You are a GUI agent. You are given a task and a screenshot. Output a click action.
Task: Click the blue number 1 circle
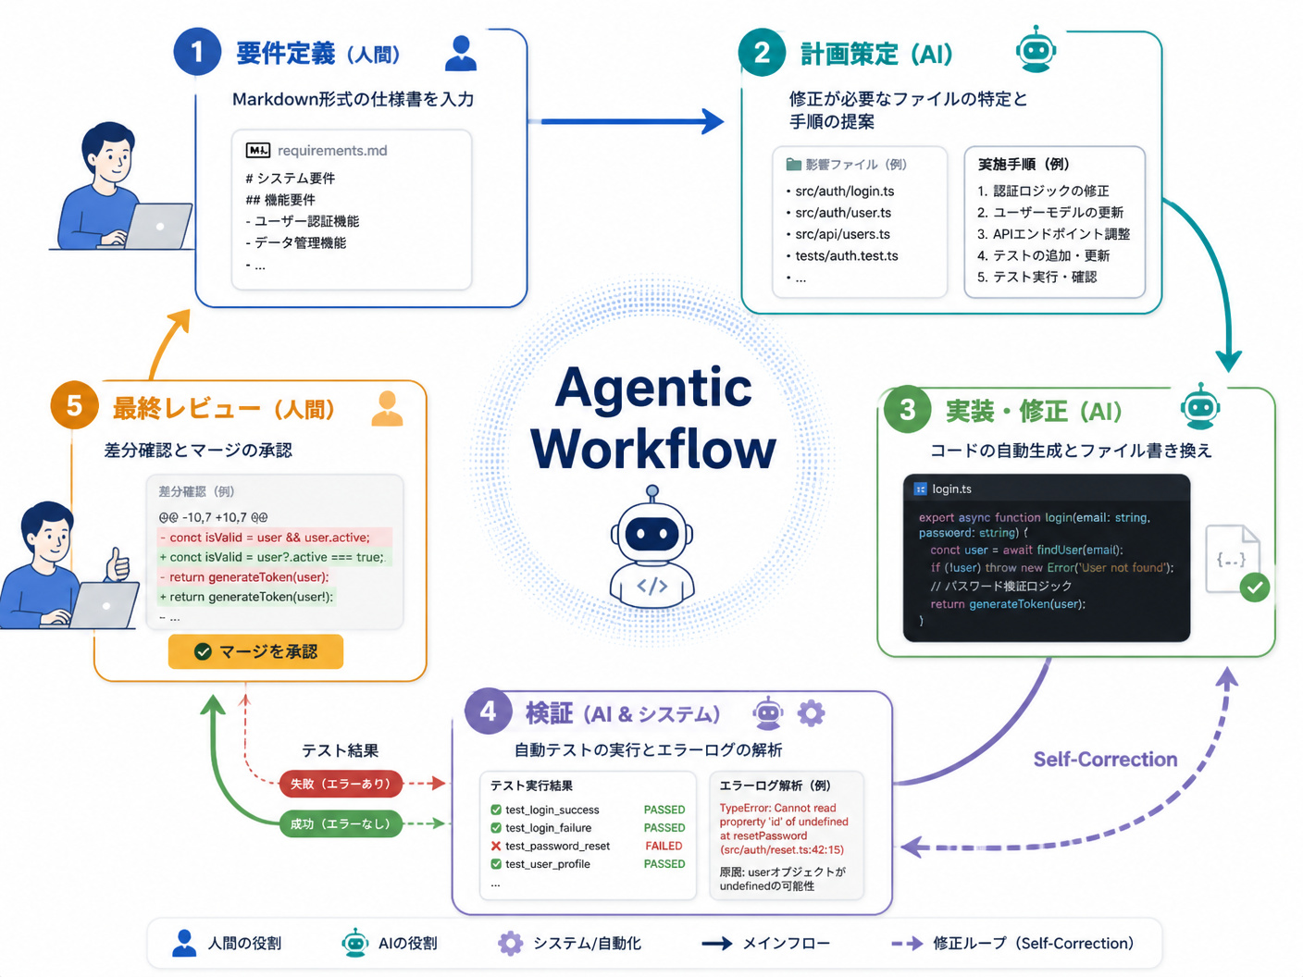197,52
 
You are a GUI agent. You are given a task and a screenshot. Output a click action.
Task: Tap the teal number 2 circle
762,52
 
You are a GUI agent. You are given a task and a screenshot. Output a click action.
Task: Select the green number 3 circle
907,409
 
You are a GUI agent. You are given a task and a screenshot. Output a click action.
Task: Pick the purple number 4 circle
488,711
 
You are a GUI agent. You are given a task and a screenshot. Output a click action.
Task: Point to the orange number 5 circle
74,405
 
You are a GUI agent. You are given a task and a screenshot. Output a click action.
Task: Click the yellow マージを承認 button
255,651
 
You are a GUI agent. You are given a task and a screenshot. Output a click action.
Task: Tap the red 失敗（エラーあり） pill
341,784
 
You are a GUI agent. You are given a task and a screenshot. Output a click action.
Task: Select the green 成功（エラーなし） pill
341,823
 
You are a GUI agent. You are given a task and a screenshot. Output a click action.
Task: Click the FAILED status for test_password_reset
664,846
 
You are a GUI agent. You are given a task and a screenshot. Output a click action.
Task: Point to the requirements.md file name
332,151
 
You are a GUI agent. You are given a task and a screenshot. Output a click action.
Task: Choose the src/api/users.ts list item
842,234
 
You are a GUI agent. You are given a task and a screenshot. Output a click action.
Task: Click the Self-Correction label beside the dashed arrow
1105,760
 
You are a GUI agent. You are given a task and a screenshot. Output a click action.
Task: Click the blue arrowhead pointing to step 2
713,121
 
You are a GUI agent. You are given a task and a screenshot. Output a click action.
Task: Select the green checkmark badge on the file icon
1254,587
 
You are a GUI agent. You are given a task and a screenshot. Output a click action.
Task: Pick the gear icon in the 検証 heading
811,713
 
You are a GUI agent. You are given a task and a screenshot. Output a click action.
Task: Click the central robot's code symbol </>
651,586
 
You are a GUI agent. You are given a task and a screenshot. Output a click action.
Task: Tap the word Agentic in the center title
653,387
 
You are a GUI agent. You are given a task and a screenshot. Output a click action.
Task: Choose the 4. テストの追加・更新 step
1043,255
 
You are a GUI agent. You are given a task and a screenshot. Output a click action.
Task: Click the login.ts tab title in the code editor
951,488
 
